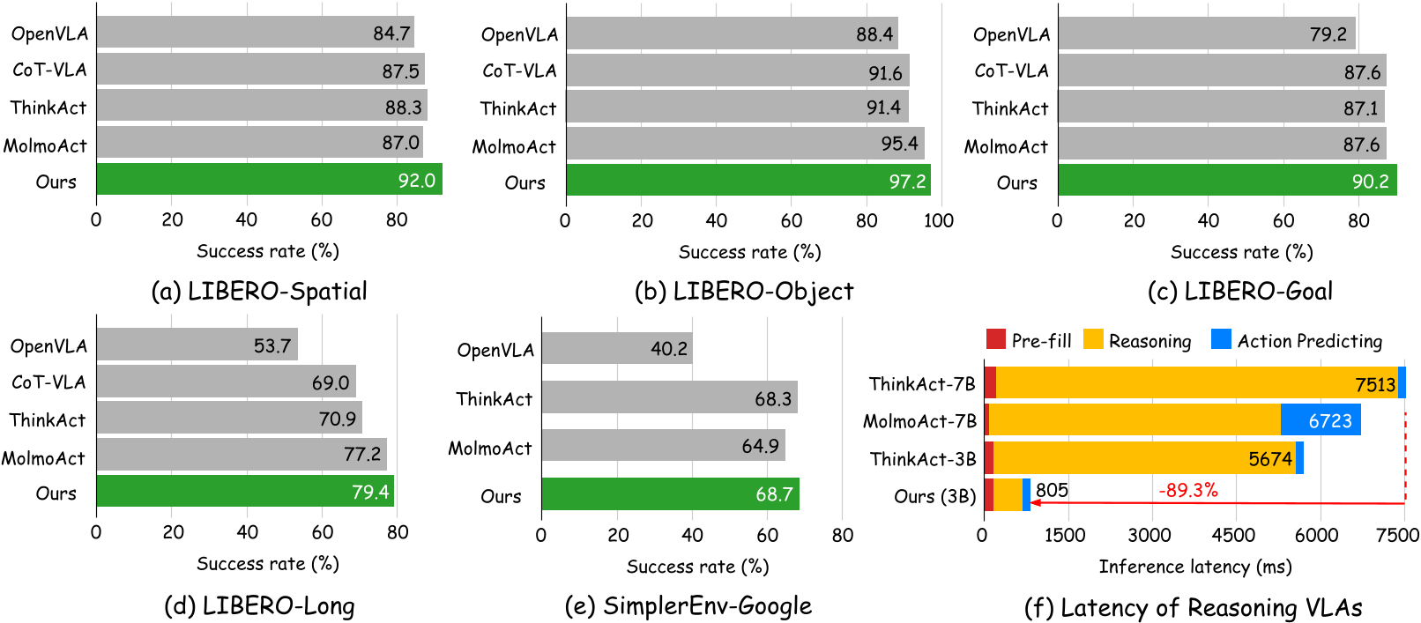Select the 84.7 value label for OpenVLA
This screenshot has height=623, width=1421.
pos(391,33)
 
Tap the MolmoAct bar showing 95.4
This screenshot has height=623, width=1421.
pos(745,144)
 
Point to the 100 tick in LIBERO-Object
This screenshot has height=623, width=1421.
pos(939,220)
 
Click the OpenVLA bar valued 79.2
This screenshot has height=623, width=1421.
pos(1206,33)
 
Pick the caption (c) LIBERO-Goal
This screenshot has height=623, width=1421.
pos(1240,291)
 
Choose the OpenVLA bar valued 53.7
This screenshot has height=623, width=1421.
pos(197,345)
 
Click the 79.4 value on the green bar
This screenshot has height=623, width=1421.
pos(370,492)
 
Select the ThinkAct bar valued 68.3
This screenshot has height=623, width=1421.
pos(669,398)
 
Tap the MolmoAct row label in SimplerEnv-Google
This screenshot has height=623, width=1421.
pos(490,449)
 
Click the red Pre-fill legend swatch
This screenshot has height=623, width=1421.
pos(996,339)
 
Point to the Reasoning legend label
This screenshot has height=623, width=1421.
pos(1149,341)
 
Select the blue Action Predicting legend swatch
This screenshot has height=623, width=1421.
pos(1221,339)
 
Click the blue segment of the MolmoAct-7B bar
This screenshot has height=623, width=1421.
pos(1320,420)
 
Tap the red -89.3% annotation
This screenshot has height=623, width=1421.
pos(1187,490)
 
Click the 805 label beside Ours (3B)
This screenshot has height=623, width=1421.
pos(1052,490)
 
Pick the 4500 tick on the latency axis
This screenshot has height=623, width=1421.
pos(1232,535)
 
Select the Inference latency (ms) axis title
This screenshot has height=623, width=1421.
pos(1194,567)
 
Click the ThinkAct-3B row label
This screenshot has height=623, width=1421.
pos(923,459)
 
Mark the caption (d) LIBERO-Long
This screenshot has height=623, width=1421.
pos(259,606)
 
